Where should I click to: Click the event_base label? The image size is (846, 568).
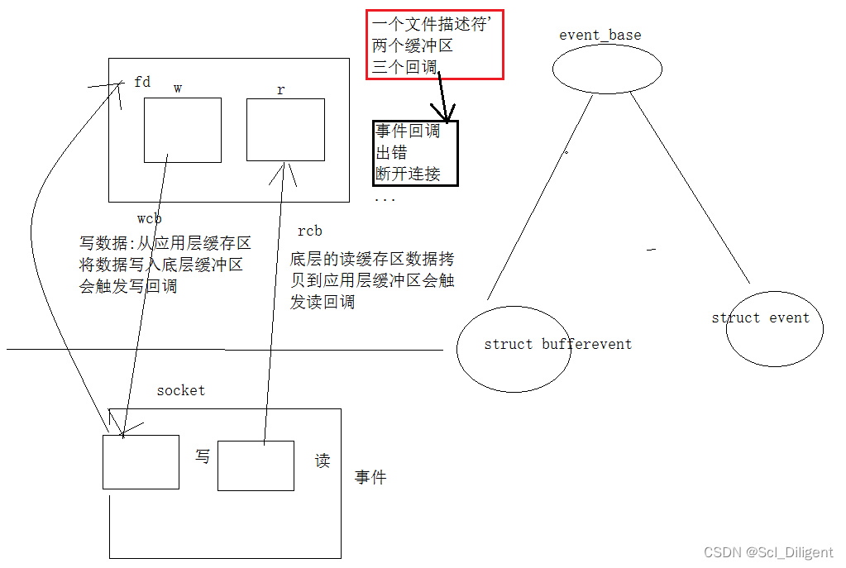coord(600,35)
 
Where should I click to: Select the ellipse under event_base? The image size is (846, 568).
coord(607,69)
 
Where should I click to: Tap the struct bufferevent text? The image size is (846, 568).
coord(557,344)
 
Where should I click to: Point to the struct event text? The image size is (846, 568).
coord(760,317)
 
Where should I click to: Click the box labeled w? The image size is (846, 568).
coord(182,130)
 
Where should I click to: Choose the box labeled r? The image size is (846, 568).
coord(285,129)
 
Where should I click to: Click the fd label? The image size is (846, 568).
coord(142,82)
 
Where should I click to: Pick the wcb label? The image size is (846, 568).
coord(149,218)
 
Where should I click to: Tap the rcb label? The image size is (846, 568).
coord(309,231)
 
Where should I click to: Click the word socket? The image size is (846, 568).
coord(180,390)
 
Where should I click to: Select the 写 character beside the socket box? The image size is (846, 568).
coord(203,456)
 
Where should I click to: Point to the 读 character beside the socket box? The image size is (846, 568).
coord(323,461)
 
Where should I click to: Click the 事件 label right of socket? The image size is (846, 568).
coord(370,477)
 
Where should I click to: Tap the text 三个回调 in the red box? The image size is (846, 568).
coord(404,67)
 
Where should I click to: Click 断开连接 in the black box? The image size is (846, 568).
coord(408,174)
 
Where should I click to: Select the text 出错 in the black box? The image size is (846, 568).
coord(392,152)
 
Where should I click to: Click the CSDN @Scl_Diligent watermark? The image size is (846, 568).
coord(767,552)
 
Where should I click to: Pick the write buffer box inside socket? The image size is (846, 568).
coord(141,461)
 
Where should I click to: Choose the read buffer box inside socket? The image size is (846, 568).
coord(256,465)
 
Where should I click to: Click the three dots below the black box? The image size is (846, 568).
coord(385,199)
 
